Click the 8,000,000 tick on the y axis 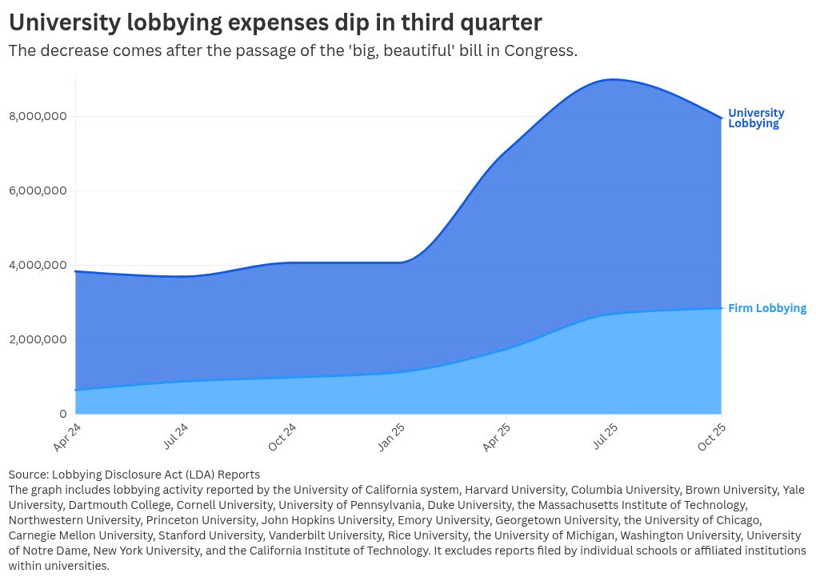pyautogui.click(x=38, y=117)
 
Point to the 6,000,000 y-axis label pyautogui.click(x=38, y=191)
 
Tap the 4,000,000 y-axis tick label pyautogui.click(x=38, y=266)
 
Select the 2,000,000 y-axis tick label pyautogui.click(x=38, y=339)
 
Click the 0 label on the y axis pyautogui.click(x=62, y=414)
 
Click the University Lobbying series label pyautogui.click(x=756, y=118)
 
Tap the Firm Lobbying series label pyautogui.click(x=767, y=308)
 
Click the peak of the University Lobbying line pyautogui.click(x=613, y=79)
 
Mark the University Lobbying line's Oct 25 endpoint pyautogui.click(x=722, y=118)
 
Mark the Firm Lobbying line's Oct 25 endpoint pyautogui.click(x=722, y=308)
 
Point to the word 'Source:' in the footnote pyautogui.click(x=28, y=475)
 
